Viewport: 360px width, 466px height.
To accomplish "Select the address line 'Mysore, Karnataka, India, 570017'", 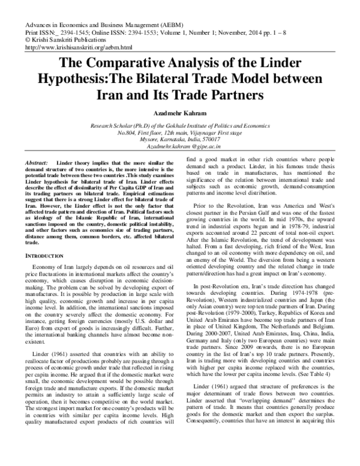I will point(180,139).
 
